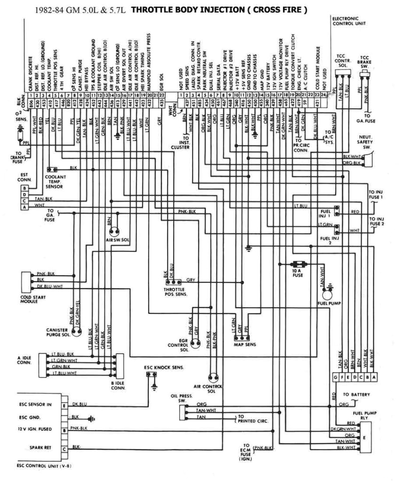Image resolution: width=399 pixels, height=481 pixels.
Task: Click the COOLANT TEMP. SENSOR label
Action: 56,181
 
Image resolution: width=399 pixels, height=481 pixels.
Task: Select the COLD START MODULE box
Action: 25,281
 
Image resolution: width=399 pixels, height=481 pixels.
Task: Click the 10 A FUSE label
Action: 297,273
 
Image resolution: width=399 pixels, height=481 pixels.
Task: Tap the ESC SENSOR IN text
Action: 35,404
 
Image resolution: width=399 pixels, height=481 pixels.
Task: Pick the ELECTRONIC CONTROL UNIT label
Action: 350,20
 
